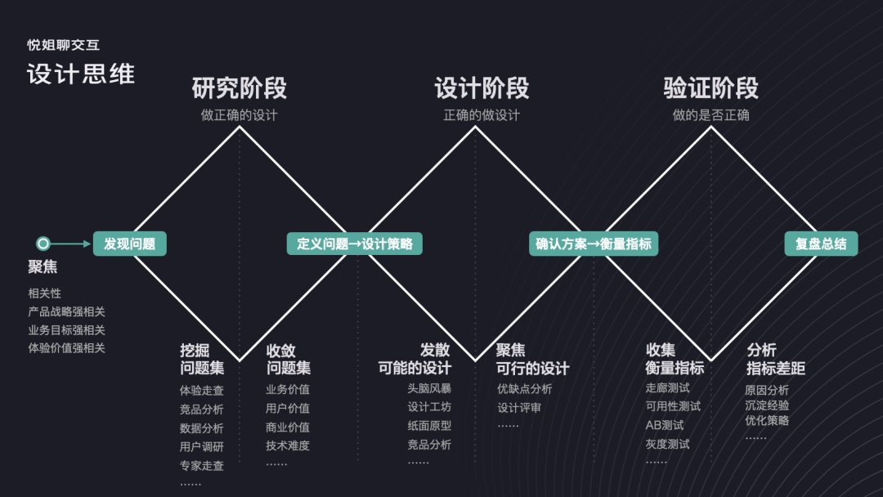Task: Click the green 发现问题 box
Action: click(129, 244)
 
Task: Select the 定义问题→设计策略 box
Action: click(354, 244)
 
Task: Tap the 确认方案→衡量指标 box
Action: click(593, 244)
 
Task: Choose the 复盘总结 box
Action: click(821, 244)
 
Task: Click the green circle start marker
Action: click(43, 244)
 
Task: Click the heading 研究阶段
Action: click(239, 88)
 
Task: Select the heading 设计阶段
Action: click(482, 88)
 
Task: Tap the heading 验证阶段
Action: click(710, 88)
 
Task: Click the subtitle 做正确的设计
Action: click(239, 115)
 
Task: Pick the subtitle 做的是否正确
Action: click(710, 115)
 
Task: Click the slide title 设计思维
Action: click(80, 74)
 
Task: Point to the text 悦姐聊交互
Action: click(63, 46)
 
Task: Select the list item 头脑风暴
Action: click(429, 388)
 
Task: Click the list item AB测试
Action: click(664, 425)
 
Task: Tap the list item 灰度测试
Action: click(667, 444)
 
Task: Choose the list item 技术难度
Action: click(288, 446)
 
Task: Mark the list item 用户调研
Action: click(202, 447)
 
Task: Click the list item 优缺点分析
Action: click(525, 388)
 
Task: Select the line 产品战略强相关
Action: click(66, 311)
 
